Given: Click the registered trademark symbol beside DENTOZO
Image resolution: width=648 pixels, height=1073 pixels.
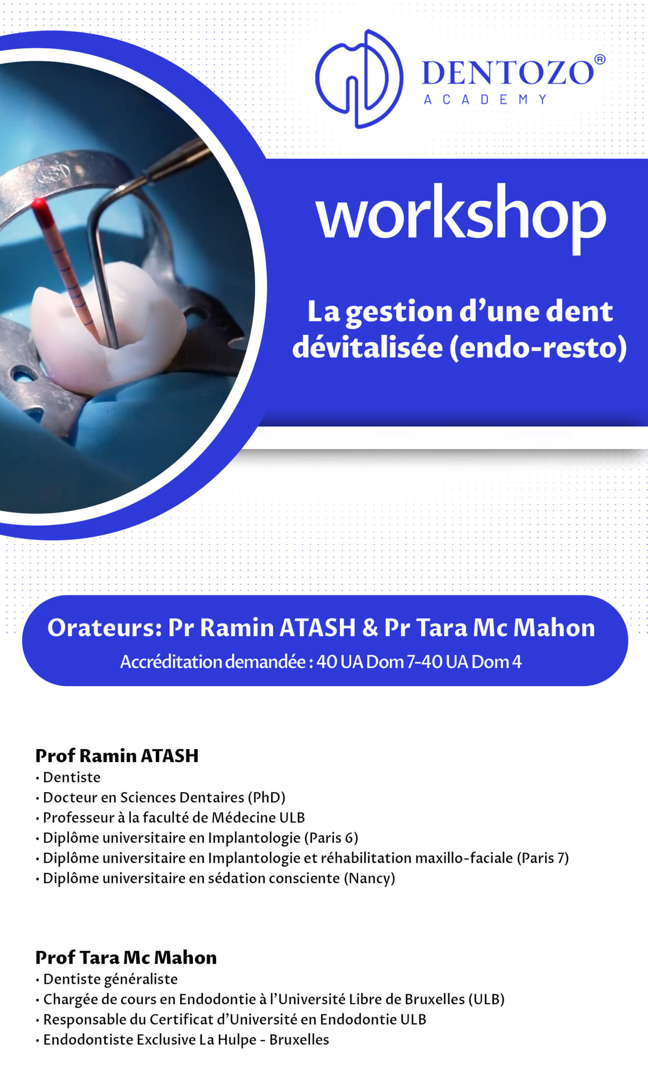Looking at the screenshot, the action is (600, 59).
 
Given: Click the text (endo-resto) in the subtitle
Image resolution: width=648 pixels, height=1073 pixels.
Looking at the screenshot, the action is (538, 348).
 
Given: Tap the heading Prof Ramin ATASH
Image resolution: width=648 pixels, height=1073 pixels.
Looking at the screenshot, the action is (117, 756).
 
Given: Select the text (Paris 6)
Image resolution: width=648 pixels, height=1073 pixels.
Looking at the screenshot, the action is (331, 837).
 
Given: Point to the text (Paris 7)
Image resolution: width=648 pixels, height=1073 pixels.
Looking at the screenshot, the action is (543, 858).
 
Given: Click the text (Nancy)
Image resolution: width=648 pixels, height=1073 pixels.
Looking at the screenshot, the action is (370, 878).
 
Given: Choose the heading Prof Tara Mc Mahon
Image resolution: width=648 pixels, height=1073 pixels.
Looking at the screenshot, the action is (126, 958).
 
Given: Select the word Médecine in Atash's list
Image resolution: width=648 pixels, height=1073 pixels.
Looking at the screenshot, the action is (244, 817).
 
